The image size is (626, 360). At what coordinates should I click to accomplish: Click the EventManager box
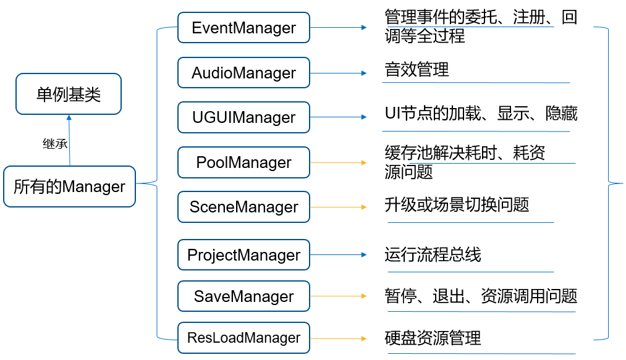coord(243,28)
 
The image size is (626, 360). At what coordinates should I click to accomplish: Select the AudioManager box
coord(243,73)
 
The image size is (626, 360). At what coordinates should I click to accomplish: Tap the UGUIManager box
coord(243,117)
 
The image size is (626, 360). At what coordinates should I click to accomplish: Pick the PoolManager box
coord(243,162)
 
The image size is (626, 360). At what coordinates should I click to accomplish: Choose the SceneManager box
coord(243,207)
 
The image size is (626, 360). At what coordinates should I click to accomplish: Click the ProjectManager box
coord(243,255)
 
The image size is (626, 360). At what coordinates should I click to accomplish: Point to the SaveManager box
coord(243,296)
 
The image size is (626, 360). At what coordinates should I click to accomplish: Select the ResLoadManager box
coord(243,338)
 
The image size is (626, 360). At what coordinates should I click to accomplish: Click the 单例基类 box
coord(69,94)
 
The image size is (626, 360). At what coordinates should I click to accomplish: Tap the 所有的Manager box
coord(69,186)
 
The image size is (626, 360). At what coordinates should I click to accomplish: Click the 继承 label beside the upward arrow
coord(54,144)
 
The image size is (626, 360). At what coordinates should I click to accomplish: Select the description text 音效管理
coord(417,70)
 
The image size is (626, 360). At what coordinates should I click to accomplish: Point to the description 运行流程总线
coord(433,254)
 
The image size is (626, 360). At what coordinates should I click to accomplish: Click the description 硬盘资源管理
coord(433,338)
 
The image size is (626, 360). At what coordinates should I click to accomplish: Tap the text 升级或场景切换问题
coord(457,204)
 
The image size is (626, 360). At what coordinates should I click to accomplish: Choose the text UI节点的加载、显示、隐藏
coord(481,114)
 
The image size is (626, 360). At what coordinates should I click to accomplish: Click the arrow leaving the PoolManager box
coord(338,163)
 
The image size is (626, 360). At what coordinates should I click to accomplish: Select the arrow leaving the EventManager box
coord(338,28)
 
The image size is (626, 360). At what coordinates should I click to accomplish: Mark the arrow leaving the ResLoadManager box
coord(338,338)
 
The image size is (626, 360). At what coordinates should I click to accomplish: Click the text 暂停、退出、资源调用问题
coord(481,296)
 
